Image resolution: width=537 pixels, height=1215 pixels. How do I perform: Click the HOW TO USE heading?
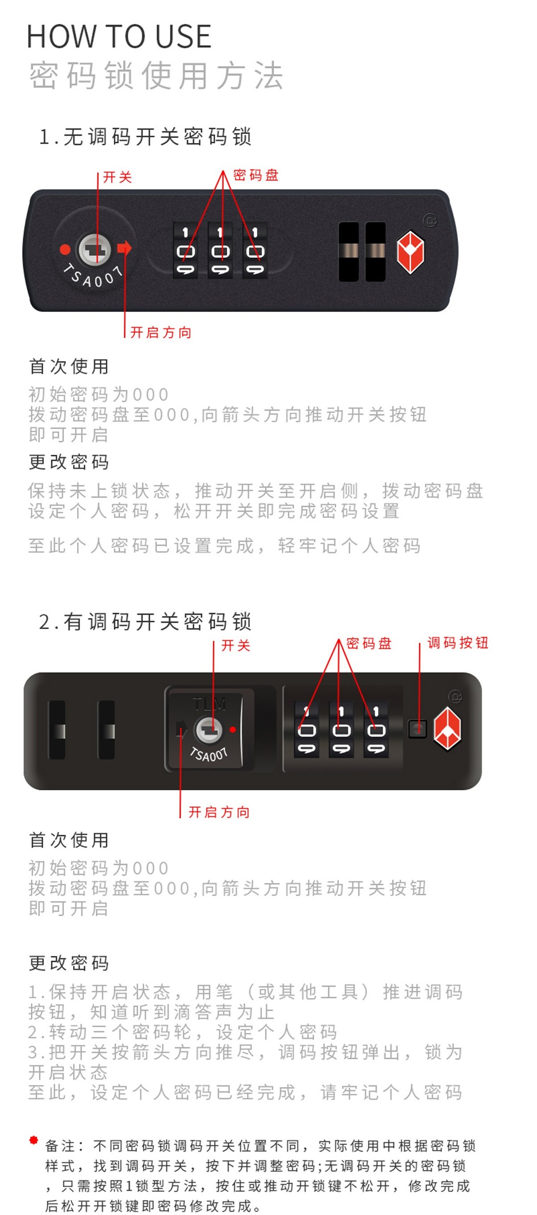point(119,36)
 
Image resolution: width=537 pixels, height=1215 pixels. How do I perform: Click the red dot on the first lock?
point(65,249)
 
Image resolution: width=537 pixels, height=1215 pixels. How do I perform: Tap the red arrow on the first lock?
point(125,248)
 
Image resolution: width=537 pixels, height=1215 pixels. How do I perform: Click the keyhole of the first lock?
point(95,249)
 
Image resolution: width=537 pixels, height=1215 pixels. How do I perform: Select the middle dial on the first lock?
point(220,250)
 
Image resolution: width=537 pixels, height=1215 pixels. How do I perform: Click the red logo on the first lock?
point(410,252)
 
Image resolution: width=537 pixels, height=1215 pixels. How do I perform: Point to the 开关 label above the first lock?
point(117,177)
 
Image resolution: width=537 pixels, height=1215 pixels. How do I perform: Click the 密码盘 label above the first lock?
point(256,175)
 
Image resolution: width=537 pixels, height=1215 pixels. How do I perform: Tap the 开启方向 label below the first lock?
point(161,332)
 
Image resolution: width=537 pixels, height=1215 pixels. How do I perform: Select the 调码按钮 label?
point(458,643)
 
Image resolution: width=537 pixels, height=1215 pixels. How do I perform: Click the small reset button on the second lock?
point(418,729)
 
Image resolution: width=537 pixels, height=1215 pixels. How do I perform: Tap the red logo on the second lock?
point(447,729)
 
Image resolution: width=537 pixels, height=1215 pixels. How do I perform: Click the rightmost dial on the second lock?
point(376,730)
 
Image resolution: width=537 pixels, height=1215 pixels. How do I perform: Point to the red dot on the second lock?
point(233,730)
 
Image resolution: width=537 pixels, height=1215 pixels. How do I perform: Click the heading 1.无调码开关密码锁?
point(145,136)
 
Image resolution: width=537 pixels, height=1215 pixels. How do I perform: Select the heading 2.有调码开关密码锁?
point(145,622)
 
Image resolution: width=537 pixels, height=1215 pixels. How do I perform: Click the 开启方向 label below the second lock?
point(219,812)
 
